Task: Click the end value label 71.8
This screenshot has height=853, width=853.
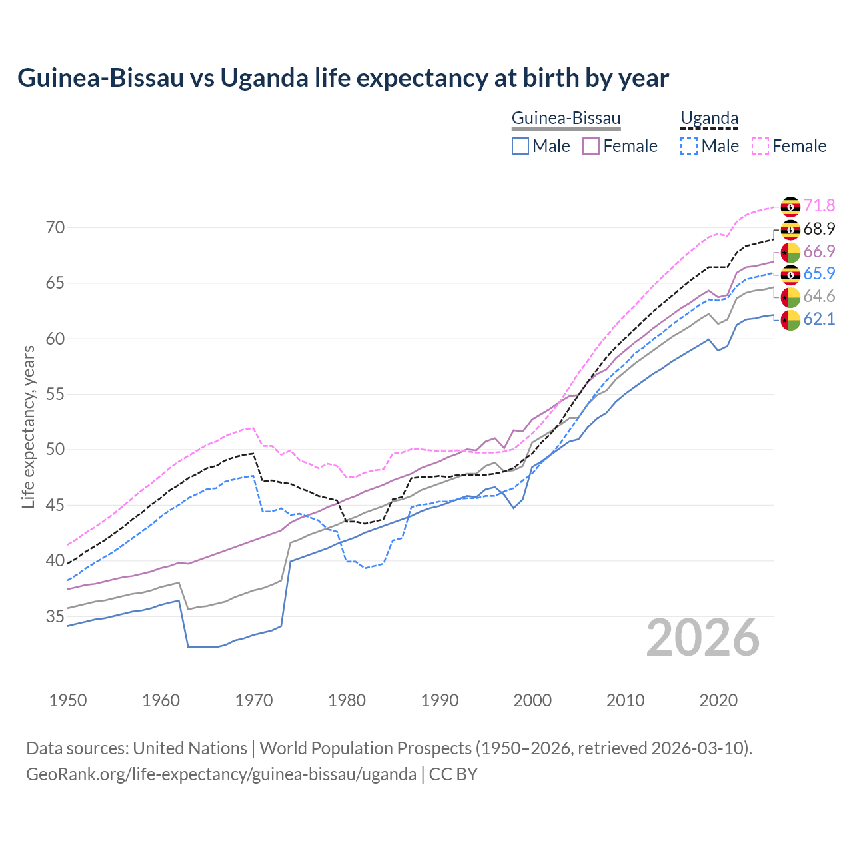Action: click(819, 206)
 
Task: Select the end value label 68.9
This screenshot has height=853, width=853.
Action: click(819, 229)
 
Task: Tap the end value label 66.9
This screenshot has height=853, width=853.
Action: click(819, 252)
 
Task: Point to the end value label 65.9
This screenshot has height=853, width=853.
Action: click(819, 274)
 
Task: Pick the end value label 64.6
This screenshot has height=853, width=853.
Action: click(819, 297)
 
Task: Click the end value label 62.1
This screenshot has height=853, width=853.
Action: click(819, 319)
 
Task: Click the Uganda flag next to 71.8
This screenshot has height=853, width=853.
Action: click(790, 207)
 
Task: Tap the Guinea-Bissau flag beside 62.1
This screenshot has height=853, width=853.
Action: click(790, 320)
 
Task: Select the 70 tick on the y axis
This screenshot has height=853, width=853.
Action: click(55, 228)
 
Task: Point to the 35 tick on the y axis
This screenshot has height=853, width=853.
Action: click(55, 617)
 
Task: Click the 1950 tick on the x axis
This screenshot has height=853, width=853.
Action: click(68, 700)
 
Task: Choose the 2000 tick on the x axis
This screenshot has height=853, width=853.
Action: click(532, 700)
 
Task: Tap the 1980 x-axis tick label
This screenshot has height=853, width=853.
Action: click(347, 700)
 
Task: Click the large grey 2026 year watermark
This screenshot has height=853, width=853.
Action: click(702, 638)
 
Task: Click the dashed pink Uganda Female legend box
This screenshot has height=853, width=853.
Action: click(760, 146)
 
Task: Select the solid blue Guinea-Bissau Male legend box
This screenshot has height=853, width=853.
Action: click(520, 146)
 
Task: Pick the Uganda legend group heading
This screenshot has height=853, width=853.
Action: click(709, 119)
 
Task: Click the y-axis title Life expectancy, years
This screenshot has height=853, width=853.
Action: click(29, 426)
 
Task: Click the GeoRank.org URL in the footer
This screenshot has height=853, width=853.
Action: click(221, 774)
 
